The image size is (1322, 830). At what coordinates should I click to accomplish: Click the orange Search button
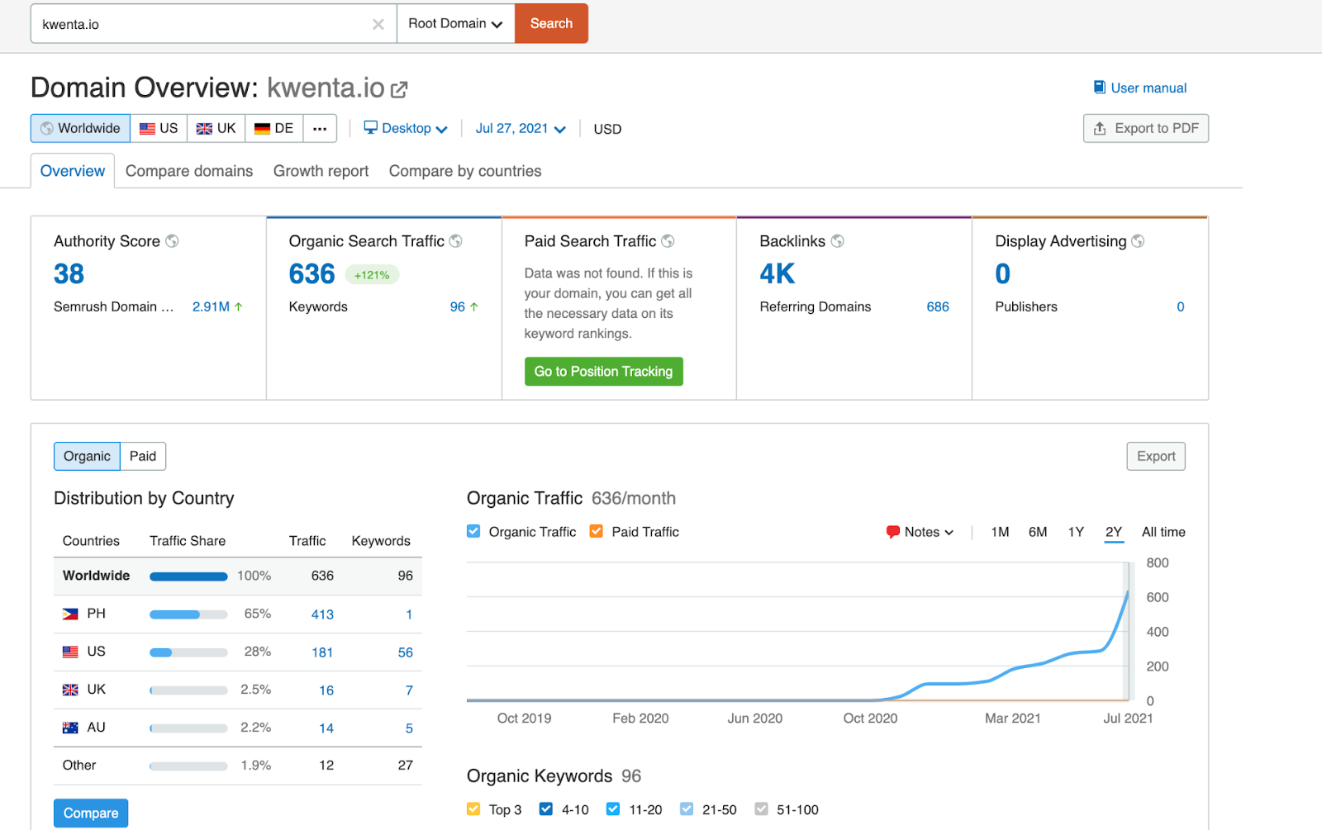point(551,23)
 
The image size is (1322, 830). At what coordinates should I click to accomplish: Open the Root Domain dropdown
point(455,23)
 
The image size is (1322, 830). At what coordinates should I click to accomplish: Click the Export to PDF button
point(1145,128)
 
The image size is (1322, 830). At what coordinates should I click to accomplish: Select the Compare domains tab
point(189,171)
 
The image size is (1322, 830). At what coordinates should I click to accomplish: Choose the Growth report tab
point(321,171)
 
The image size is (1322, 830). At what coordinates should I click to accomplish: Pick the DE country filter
point(274,128)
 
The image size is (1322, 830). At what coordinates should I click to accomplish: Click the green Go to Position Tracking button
point(603,372)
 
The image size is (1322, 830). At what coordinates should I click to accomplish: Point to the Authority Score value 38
point(69,274)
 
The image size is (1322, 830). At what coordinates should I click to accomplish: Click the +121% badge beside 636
point(372,275)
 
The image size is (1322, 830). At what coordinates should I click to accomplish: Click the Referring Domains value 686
point(937,306)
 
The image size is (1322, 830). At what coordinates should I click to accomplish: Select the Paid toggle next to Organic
point(143,456)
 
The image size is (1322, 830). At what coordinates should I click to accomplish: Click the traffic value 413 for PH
point(322,614)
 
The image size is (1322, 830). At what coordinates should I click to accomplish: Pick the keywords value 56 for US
point(405,652)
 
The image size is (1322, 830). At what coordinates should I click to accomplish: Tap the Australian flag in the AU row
point(70,728)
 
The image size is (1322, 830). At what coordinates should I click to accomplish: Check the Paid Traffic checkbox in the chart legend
point(596,532)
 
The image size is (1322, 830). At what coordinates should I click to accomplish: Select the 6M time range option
point(1038,532)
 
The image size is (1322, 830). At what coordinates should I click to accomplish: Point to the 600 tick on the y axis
point(1157,597)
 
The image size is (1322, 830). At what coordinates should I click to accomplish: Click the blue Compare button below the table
point(91,813)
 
